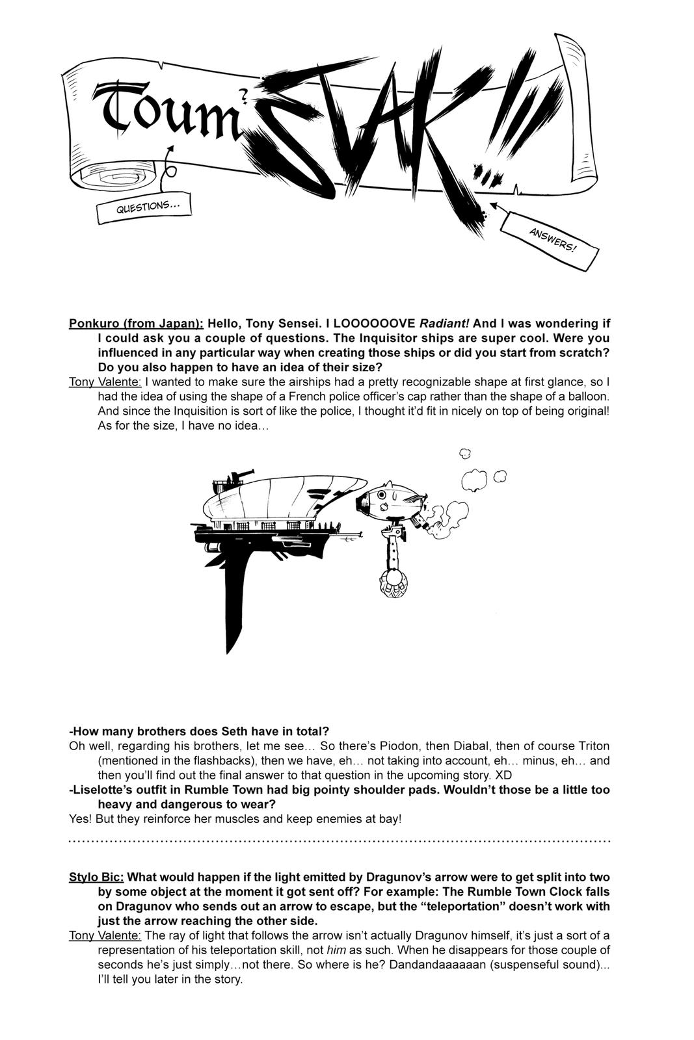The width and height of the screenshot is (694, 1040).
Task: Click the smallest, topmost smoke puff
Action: [x=464, y=453]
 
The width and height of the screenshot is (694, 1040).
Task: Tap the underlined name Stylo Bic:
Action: [x=96, y=877]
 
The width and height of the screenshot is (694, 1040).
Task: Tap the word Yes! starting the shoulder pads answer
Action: [x=80, y=819]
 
